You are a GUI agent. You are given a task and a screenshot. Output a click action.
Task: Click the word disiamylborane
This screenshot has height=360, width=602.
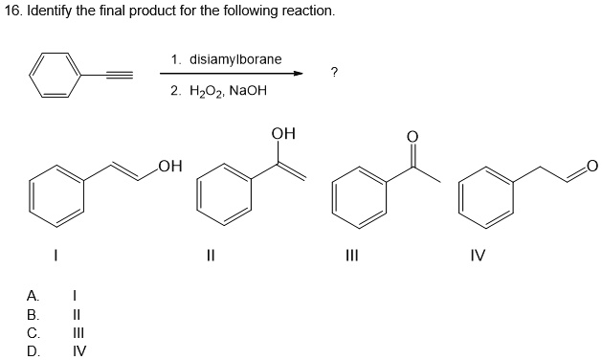pyautogui.click(x=235, y=59)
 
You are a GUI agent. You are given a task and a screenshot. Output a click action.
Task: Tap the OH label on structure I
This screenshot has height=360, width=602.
pyautogui.click(x=169, y=169)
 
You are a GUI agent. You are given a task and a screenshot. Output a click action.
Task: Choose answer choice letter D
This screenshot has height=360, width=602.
pyautogui.click(x=33, y=349)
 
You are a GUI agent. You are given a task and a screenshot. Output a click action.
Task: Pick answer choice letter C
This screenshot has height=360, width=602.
pyautogui.click(x=33, y=332)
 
